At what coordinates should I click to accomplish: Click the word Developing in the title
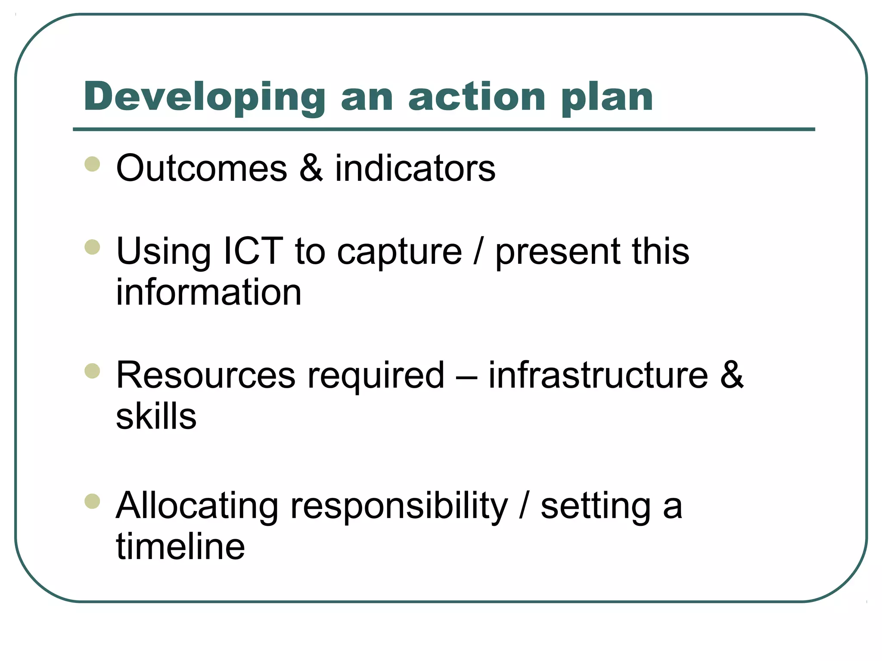[205, 98]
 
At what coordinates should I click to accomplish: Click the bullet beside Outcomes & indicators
[93, 164]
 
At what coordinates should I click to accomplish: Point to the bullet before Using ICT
[93, 247]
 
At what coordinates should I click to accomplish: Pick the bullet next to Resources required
[93, 371]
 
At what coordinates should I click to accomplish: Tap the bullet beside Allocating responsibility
[93, 501]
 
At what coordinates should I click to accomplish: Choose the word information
[209, 292]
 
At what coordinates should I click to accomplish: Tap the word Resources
[206, 375]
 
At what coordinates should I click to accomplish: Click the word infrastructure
[598, 375]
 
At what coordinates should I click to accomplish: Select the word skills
[156, 416]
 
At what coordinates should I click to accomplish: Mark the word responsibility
[399, 507]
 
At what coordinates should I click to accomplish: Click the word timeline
[180, 547]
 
